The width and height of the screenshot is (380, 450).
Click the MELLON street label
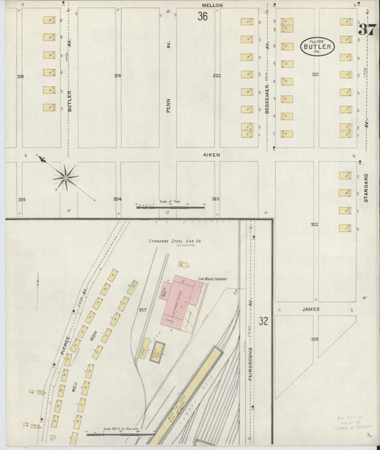click(x=213, y=5)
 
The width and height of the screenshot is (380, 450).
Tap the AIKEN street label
click(x=212, y=155)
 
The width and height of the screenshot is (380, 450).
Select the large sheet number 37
click(x=367, y=30)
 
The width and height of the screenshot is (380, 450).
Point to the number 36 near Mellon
click(x=202, y=16)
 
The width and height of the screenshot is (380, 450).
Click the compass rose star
click(x=65, y=177)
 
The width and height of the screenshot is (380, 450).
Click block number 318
click(x=20, y=75)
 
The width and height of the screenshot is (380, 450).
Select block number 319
click(x=117, y=75)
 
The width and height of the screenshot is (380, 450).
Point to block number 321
click(x=314, y=74)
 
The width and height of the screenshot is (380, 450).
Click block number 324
click(x=117, y=199)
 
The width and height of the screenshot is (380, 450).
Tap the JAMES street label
click(x=310, y=309)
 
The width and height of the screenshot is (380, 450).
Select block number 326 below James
click(x=314, y=339)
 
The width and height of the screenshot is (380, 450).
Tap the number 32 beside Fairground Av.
click(x=263, y=320)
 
